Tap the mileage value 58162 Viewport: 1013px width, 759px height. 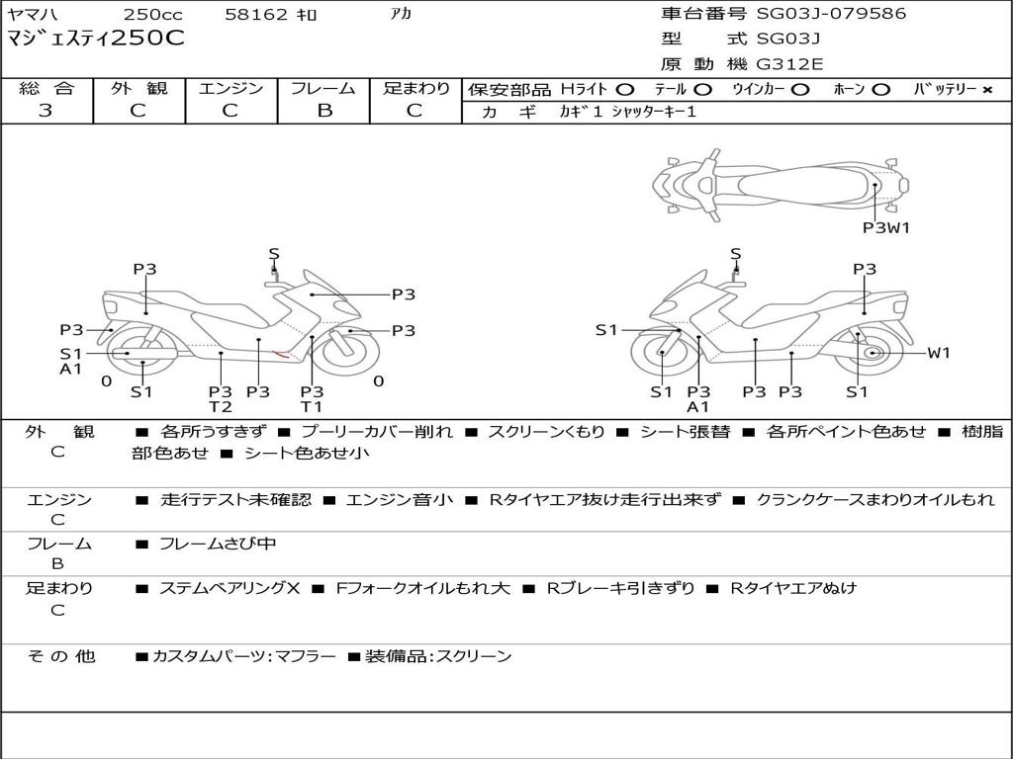coord(256,15)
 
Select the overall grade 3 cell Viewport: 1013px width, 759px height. coord(46,111)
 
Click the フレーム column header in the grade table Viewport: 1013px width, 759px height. coord(323,88)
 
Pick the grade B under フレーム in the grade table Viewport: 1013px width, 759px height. coord(323,111)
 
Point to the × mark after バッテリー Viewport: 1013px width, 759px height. coord(986,90)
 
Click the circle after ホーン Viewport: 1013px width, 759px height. coord(881,90)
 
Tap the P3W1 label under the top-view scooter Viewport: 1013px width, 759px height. coord(885,227)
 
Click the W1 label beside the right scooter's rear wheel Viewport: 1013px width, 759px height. coord(938,353)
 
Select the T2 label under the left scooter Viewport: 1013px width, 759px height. coord(220,407)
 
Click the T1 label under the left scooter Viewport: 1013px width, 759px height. coord(312,407)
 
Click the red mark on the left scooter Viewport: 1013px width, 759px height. coord(281,354)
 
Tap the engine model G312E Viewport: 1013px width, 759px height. coord(789,64)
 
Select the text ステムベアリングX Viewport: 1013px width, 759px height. coord(230,588)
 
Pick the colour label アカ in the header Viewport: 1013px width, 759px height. coord(401,15)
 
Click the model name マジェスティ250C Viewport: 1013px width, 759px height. coord(96,40)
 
